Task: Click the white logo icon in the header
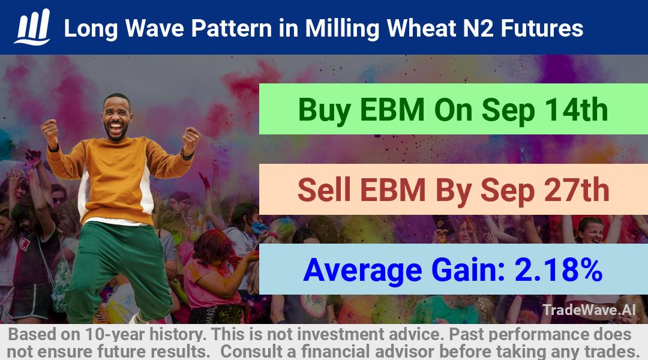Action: pos(32,27)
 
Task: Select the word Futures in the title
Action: pos(542,29)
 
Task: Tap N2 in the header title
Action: pos(478,29)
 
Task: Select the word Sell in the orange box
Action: pos(324,190)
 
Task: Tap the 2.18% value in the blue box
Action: pos(559,270)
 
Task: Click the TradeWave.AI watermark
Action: pos(589,310)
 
